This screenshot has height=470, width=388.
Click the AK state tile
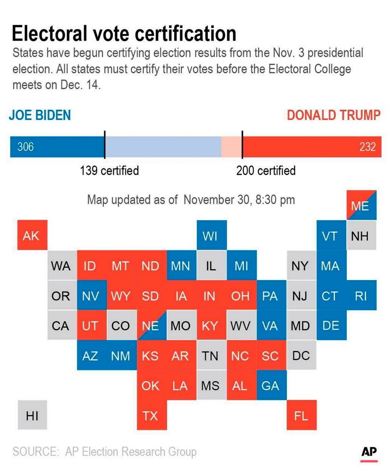click(32, 235)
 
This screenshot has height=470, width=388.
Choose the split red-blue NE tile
click(152, 325)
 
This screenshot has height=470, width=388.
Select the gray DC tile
click(301, 355)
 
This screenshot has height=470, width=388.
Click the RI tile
click(361, 295)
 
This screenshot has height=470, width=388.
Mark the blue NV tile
click(92, 295)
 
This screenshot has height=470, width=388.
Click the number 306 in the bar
click(26, 147)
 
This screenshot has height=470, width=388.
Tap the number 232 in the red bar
click(367, 147)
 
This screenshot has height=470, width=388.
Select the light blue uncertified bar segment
click(163, 147)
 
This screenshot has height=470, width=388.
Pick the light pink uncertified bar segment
click(231, 147)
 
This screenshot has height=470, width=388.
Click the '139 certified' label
click(109, 170)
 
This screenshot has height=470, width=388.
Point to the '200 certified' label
click(266, 170)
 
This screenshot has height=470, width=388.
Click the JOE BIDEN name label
click(40, 115)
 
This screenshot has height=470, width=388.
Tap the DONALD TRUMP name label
click(333, 115)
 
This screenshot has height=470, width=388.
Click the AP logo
click(369, 452)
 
